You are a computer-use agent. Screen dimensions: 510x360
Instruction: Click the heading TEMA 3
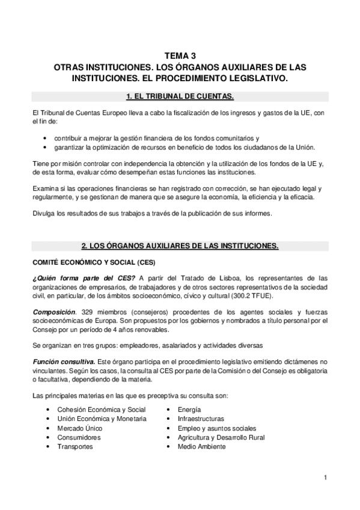click(180, 55)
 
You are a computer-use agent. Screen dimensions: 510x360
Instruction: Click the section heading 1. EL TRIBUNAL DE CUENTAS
click(180, 96)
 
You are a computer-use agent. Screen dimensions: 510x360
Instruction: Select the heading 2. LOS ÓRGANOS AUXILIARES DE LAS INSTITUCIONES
click(180, 246)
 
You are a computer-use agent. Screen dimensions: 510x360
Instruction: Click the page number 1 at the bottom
click(325, 478)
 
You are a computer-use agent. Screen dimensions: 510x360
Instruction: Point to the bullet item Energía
click(190, 409)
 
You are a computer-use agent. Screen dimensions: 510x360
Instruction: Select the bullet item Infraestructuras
click(201, 419)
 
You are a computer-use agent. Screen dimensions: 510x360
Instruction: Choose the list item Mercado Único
click(79, 428)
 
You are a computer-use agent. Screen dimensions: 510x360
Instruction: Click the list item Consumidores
click(79, 438)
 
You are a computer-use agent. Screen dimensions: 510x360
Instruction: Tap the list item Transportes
click(75, 447)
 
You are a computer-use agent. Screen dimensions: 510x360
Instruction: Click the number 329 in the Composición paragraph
click(86, 312)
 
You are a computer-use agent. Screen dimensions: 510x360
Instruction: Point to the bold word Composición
click(53, 312)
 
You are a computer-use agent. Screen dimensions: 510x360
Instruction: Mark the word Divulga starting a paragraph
click(41, 214)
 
